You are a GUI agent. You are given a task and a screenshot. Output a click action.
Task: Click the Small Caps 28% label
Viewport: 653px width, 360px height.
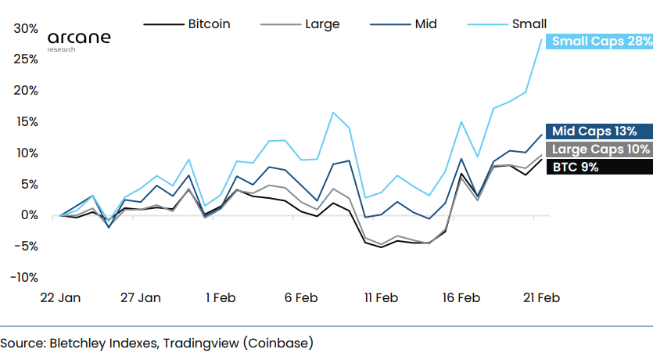pyautogui.click(x=598, y=41)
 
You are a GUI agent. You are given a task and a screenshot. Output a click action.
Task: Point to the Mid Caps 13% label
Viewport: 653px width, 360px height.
pyautogui.click(x=598, y=131)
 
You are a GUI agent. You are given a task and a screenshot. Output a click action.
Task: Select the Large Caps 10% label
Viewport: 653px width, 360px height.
pyautogui.click(x=598, y=149)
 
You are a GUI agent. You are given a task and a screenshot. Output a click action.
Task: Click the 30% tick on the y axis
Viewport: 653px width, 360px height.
pyautogui.click(x=26, y=28)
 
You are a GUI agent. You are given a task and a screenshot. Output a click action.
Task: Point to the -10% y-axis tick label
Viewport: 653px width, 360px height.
pyautogui.click(x=24, y=277)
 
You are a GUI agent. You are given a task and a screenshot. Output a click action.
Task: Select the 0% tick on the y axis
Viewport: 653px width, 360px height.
pyautogui.click(x=29, y=215)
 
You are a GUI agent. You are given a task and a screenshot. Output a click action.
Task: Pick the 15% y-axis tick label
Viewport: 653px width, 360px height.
pyautogui.click(x=26, y=121)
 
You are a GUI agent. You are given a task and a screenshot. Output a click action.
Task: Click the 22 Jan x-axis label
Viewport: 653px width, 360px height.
pyautogui.click(x=60, y=298)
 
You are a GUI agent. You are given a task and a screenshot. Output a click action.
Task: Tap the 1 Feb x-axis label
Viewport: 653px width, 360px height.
pyautogui.click(x=221, y=298)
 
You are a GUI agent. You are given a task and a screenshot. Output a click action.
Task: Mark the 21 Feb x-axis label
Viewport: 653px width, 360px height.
pyautogui.click(x=540, y=298)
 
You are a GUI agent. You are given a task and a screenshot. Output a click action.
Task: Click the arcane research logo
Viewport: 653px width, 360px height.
pyautogui.click(x=79, y=40)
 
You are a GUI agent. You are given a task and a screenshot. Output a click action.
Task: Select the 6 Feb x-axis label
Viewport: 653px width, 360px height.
pyautogui.click(x=300, y=298)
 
